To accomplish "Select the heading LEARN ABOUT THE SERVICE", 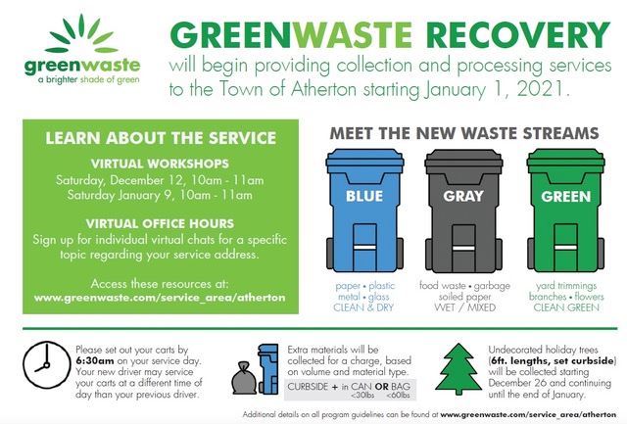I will [161, 138].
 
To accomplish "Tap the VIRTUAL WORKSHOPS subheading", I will [161, 163].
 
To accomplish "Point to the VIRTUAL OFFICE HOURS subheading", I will [161, 220].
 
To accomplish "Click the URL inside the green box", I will [161, 295].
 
